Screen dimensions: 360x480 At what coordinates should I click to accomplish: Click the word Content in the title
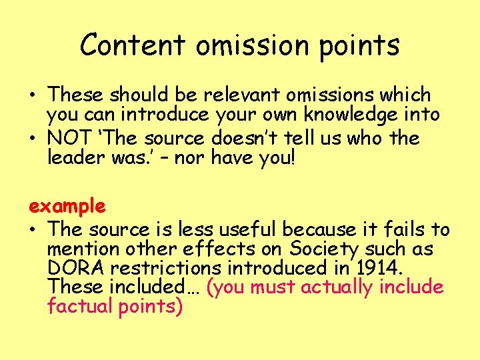click(x=132, y=45)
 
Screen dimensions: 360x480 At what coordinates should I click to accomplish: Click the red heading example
click(x=67, y=206)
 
